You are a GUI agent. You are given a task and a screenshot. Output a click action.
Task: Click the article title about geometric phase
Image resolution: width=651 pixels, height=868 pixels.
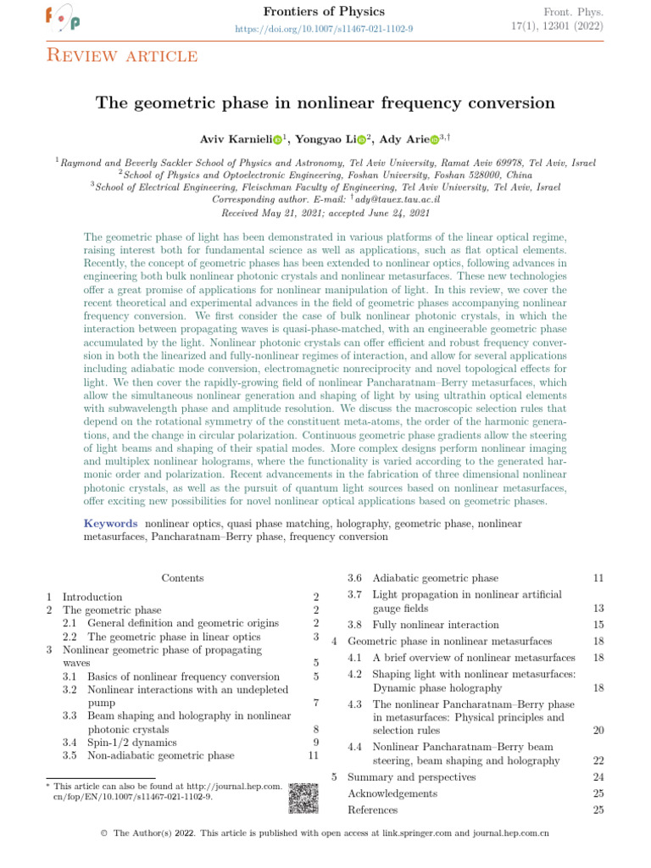click(325, 103)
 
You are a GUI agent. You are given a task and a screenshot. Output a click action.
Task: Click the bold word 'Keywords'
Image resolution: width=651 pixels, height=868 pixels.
click(112, 524)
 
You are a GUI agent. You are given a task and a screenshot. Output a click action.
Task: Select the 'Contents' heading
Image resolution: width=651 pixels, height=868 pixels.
click(182, 578)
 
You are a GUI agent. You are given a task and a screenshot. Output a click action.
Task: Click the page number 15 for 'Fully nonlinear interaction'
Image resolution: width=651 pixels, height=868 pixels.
click(598, 625)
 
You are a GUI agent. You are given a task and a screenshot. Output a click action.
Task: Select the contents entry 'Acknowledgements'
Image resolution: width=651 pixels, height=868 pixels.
click(392, 793)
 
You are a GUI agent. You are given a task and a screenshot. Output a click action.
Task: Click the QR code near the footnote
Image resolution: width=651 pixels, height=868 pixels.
click(303, 798)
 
